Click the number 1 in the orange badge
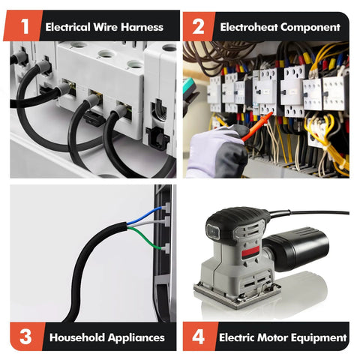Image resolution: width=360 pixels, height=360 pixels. [25, 26]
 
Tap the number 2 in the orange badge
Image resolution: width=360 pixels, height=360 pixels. [198, 26]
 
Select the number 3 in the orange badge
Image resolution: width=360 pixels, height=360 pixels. [25, 337]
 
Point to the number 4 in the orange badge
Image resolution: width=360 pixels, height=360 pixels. [199, 337]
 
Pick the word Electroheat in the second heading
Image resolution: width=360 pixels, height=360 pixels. [249, 27]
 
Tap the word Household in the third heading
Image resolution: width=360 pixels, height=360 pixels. [77, 337]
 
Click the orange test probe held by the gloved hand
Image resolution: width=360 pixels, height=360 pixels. [257, 127]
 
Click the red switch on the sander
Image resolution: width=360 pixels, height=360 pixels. [250, 253]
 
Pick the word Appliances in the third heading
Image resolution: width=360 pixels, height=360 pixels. [136, 337]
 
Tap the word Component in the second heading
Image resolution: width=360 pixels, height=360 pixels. [310, 27]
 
